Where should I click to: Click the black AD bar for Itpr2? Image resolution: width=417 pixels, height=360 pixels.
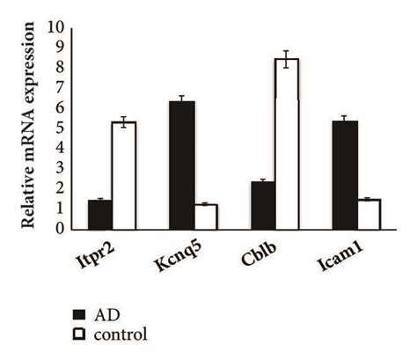point(99,215)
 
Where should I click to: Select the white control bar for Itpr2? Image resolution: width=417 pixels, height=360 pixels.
point(124,176)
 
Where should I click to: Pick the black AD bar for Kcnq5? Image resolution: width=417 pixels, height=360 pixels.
point(181,165)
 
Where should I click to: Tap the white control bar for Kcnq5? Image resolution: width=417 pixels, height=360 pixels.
point(205,217)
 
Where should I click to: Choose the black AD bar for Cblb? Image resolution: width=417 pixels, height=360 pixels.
point(263,205)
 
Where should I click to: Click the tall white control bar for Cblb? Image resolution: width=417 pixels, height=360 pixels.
point(287,144)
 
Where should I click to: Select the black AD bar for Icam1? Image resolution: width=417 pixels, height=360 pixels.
point(345,175)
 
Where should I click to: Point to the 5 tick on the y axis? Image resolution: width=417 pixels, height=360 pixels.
point(60,128)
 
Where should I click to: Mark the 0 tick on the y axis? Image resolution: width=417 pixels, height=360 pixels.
point(60,229)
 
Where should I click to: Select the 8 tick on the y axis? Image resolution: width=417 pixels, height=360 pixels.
point(60,67)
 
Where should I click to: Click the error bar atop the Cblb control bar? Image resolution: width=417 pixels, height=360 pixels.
point(287,59)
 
